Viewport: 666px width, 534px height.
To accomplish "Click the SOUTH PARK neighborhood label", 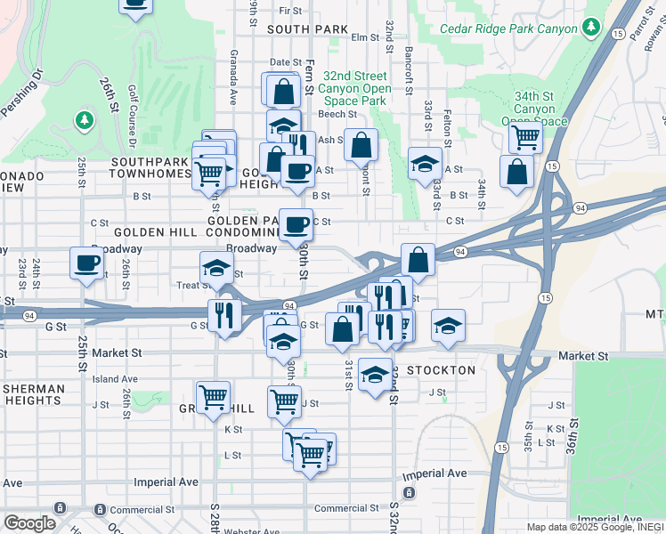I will [306, 29].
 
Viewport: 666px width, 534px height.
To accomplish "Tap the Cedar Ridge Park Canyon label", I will [508, 28].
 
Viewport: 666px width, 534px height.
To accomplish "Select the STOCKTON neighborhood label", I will [441, 368].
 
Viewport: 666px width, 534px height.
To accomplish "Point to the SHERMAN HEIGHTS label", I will [33, 395].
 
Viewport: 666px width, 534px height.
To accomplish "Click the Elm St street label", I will [365, 37].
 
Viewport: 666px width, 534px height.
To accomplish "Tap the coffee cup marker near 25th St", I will [87, 263].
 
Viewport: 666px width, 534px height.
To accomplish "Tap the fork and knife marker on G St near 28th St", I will [224, 315].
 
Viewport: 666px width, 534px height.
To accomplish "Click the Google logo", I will [29, 523].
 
